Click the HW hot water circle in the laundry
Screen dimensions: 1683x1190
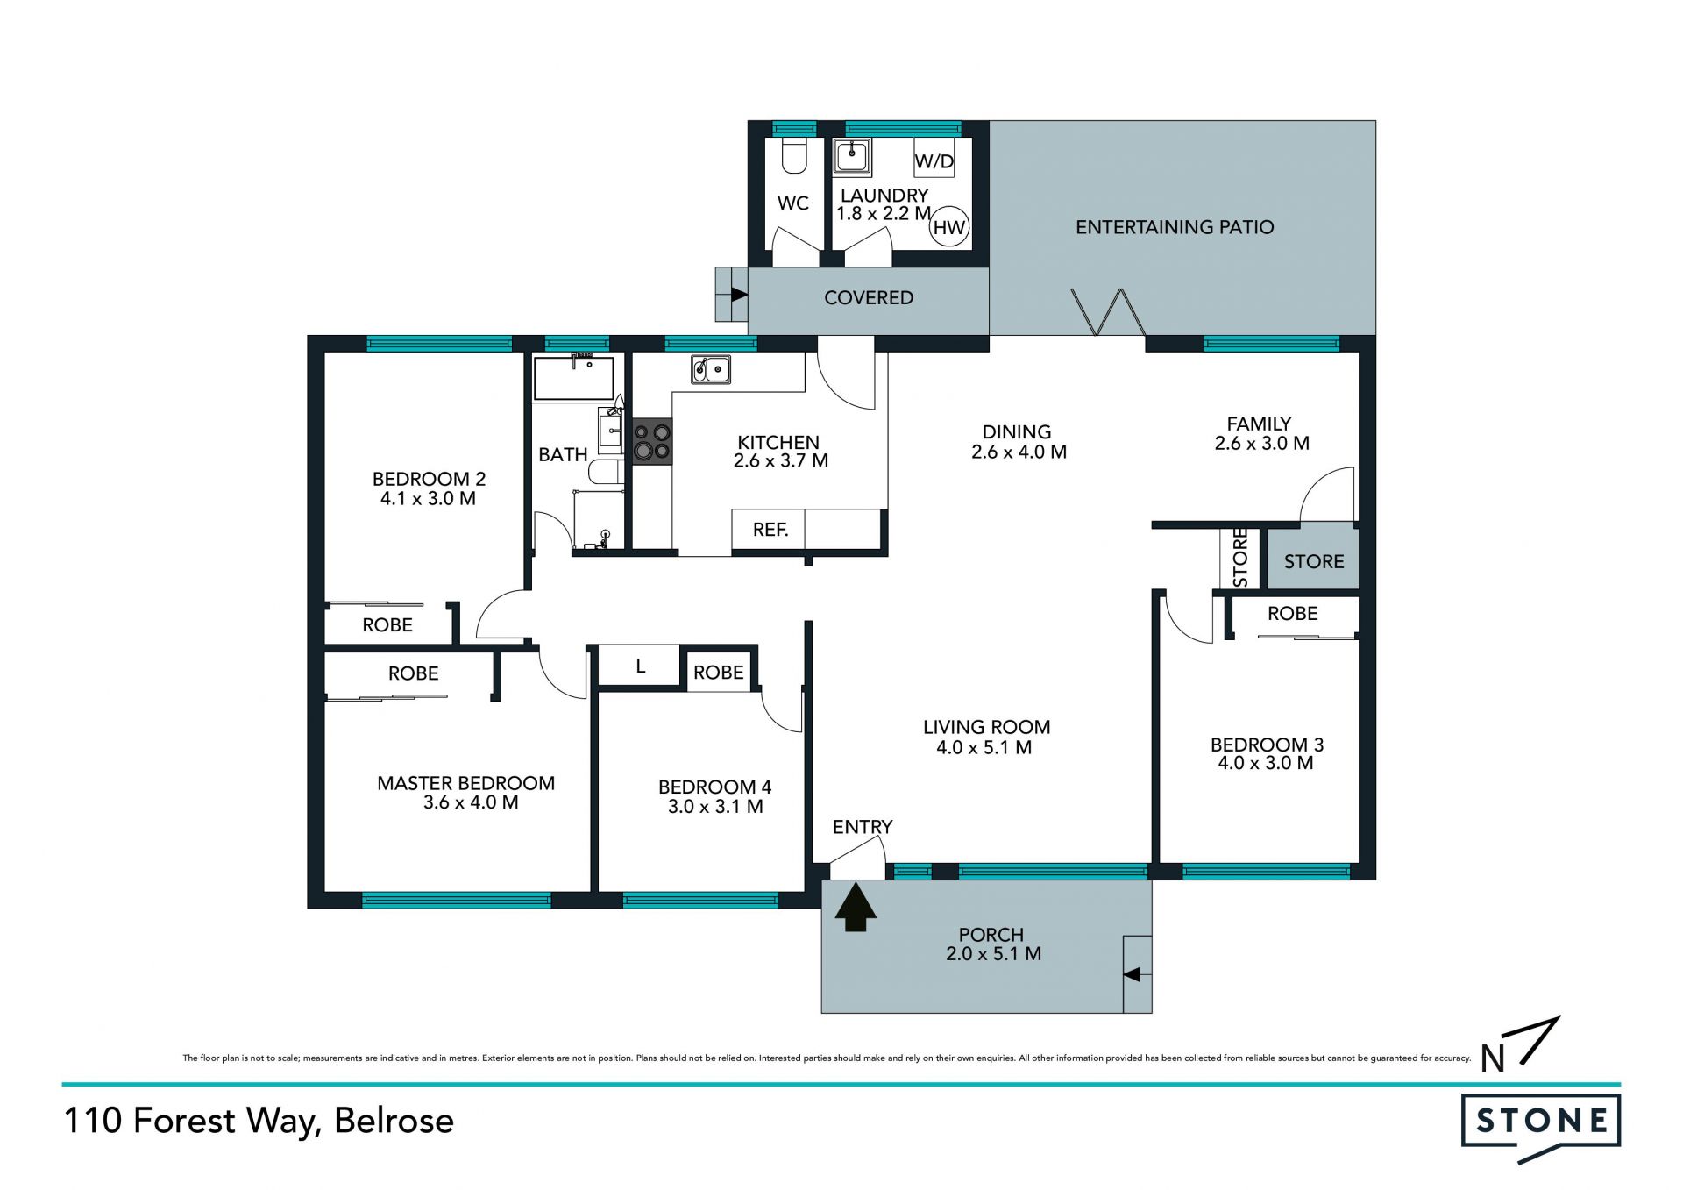948,228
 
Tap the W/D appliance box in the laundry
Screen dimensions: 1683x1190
934,158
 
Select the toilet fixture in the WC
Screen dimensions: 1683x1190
794,155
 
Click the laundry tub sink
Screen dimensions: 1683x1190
851,157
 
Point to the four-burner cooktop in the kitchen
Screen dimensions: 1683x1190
652,442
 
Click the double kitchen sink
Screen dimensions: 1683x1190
711,369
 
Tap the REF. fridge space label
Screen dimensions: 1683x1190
770,530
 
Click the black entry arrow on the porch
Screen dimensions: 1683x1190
856,907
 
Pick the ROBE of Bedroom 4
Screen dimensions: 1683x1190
718,673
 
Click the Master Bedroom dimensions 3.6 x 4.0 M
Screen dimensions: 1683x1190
471,802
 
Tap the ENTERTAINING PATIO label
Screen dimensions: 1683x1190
1175,227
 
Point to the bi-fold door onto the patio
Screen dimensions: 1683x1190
1108,312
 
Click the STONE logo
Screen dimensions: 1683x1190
1541,1126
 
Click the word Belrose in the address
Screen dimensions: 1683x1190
394,1121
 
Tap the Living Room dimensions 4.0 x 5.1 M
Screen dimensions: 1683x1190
984,748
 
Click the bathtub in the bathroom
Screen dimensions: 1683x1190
573,378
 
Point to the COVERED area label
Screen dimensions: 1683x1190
869,298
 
